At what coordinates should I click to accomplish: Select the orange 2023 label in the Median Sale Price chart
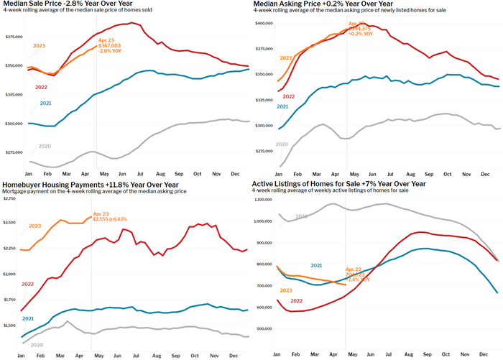coord(41,46)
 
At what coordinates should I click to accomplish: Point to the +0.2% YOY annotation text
coord(360,34)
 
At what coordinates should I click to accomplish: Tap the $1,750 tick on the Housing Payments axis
coord(9,300)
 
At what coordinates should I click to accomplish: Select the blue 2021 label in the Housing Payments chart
coord(28,318)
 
